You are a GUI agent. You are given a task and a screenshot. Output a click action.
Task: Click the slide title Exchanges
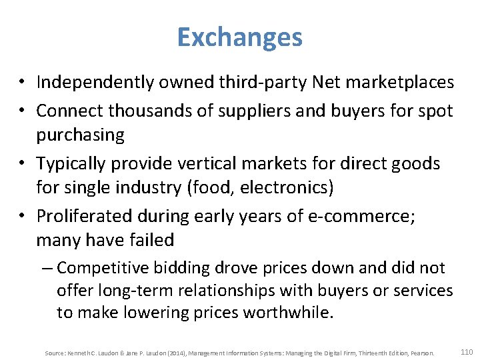[239, 37]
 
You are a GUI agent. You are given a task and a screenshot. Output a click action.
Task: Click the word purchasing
[80, 135]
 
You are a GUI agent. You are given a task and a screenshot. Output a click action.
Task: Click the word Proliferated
[85, 216]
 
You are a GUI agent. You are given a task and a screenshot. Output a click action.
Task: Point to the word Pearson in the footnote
[423, 353]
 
